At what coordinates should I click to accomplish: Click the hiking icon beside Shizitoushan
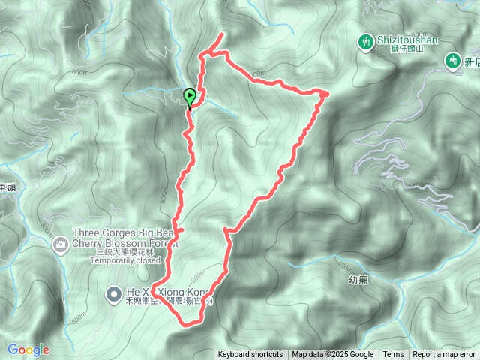click(x=366, y=41)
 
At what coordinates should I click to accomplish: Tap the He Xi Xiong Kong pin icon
click(x=114, y=293)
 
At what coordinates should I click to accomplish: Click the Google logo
click(x=28, y=349)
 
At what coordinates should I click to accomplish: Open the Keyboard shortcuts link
click(x=250, y=355)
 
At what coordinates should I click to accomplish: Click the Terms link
click(x=393, y=355)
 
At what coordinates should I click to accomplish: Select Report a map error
click(x=445, y=355)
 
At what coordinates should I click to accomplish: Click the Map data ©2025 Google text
click(x=332, y=355)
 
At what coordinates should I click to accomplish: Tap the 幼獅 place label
click(x=359, y=279)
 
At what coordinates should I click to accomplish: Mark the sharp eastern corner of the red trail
click(x=328, y=93)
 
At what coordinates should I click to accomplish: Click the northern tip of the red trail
click(x=223, y=34)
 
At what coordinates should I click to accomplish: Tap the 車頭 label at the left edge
click(x=7, y=188)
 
